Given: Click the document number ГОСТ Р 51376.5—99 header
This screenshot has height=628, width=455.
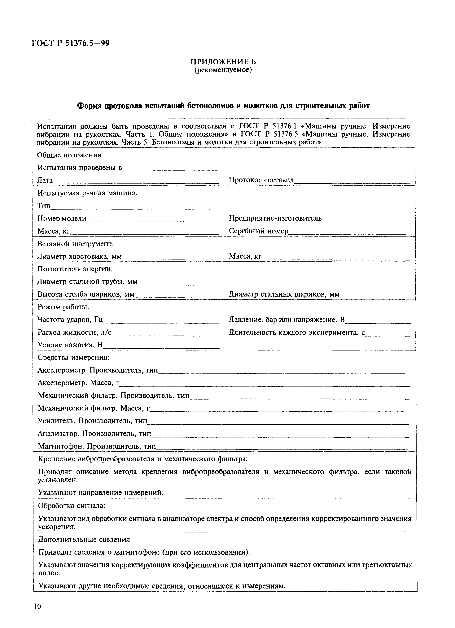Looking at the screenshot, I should pyautogui.click(x=71, y=43).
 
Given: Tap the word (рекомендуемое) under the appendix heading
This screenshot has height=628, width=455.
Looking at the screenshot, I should pyautogui.click(x=223, y=70).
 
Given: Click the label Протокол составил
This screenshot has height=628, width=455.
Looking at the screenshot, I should pyautogui.click(x=261, y=180).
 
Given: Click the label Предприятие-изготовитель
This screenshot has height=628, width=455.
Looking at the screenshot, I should pyautogui.click(x=275, y=219).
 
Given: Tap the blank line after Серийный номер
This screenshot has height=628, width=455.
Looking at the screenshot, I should pyautogui.click(x=348, y=233).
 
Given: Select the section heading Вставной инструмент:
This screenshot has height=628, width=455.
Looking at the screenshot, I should pyautogui.click(x=76, y=244).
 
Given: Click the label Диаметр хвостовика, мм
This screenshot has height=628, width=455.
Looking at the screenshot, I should pyautogui.click(x=79, y=257).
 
